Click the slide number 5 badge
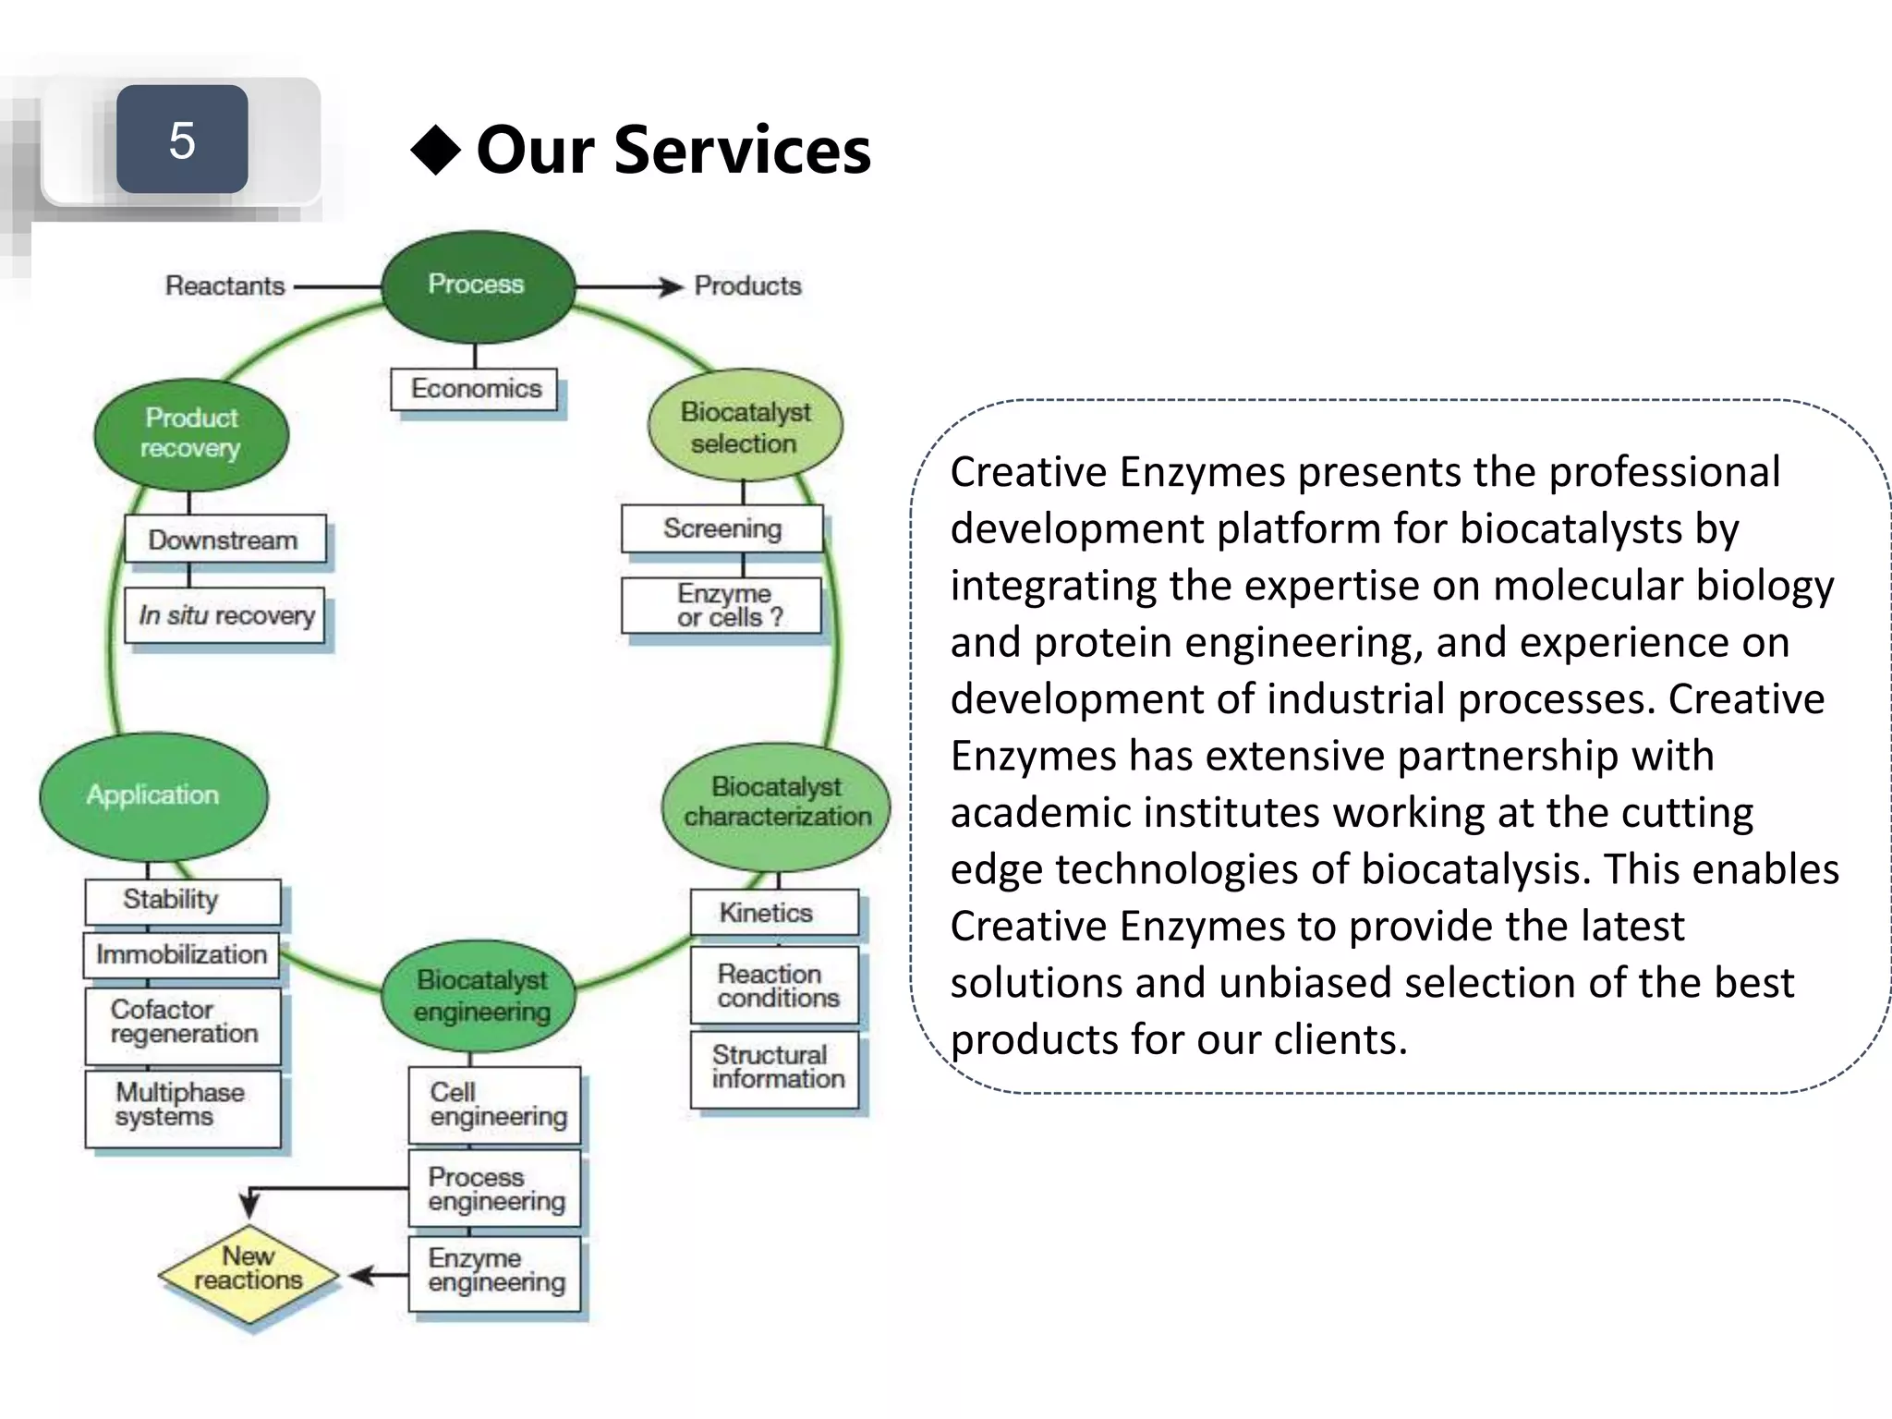[182, 139]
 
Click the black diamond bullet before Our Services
[436, 150]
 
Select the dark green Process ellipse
[478, 285]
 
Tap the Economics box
[475, 389]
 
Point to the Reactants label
[224, 285]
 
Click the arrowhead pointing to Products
[672, 287]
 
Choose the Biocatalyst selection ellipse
[745, 427]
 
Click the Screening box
[722, 528]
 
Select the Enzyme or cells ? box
[722, 605]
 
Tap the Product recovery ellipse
[191, 433]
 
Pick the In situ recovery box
[225, 615]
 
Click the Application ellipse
[153, 795]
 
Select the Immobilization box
[181, 954]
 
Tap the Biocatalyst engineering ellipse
[479, 997]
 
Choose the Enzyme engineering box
[495, 1272]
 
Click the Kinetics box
[773, 913]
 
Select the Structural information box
[775, 1068]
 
